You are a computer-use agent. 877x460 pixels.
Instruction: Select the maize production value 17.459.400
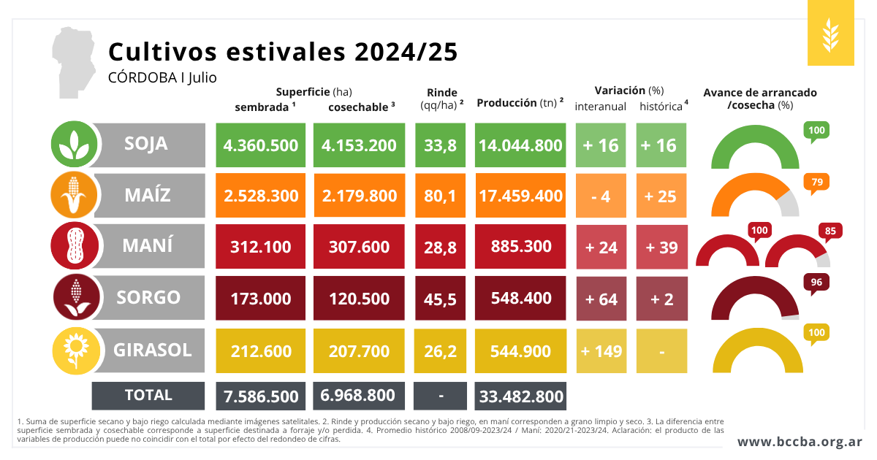(x=520, y=196)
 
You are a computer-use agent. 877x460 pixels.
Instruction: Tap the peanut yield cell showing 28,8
(x=440, y=248)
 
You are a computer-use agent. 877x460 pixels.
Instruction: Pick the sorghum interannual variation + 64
(x=601, y=299)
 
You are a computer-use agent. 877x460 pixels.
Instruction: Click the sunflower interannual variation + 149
(x=601, y=351)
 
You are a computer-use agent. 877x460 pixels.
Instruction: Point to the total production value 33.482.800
(x=520, y=396)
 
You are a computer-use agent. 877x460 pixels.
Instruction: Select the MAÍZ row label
(x=147, y=195)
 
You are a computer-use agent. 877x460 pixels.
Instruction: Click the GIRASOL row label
(x=152, y=350)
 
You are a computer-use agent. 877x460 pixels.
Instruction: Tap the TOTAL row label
(x=148, y=395)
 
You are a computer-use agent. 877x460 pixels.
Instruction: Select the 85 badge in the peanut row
(x=830, y=231)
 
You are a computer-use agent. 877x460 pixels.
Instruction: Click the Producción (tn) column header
(x=520, y=103)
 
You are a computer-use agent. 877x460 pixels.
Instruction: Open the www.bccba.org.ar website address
(x=800, y=442)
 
